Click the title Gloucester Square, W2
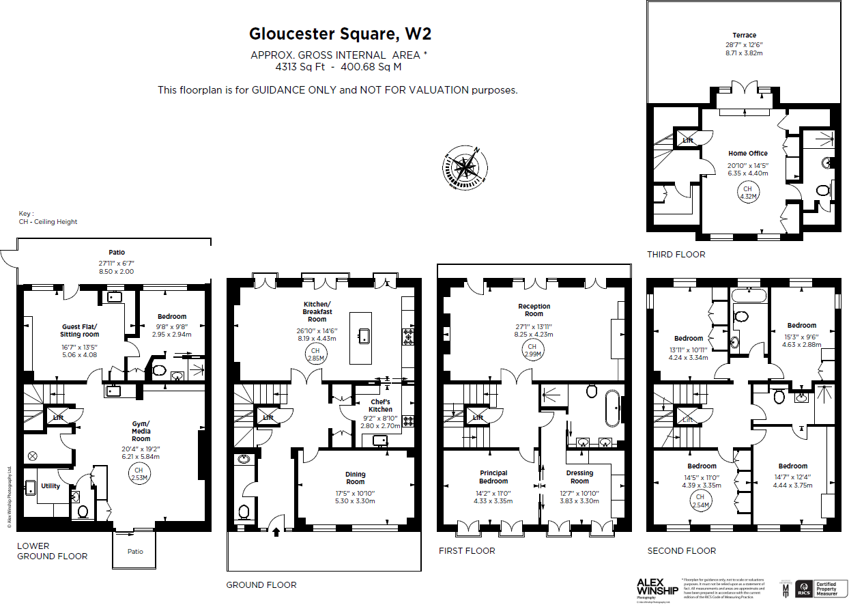340,34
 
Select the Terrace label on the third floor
744,36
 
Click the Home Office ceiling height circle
747,193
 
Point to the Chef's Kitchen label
380,406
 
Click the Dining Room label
355,478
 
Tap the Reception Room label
534,310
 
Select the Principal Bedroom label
493,477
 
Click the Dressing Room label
579,477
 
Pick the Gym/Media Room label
141,431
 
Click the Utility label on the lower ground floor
51,486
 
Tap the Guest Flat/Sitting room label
80,330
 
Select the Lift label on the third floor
688,141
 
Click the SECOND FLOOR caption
682,550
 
